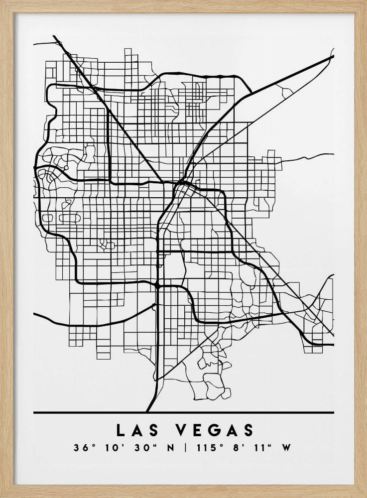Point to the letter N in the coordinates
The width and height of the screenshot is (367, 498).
171,448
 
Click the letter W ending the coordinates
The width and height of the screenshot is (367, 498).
286,448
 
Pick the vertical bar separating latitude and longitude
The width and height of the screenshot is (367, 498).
185,448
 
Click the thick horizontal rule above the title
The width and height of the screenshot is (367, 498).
183,413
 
